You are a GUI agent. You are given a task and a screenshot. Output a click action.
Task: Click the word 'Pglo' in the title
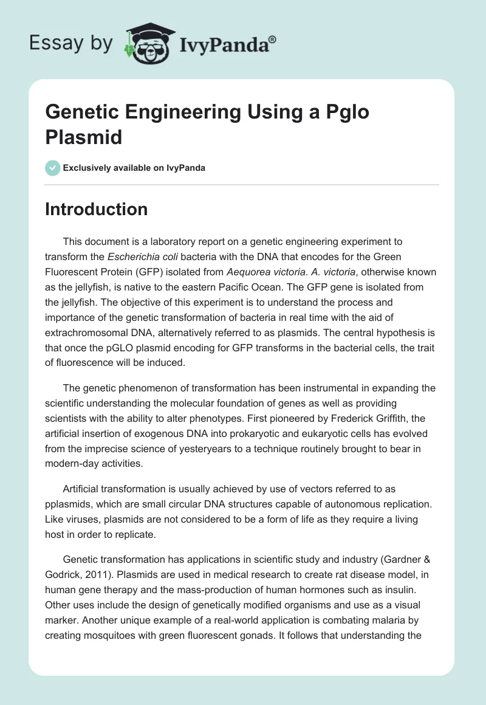click(345, 112)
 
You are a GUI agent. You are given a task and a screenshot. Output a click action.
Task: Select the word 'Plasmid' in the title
click(84, 137)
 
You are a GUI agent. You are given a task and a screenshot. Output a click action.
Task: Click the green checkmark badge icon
click(53, 168)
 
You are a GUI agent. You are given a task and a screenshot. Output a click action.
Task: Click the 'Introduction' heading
click(97, 209)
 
